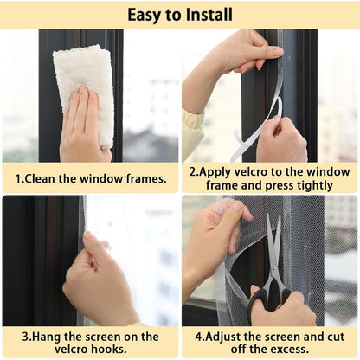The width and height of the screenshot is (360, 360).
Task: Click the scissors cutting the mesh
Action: click(x=276, y=260)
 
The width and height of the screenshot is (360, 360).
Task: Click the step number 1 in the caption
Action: click(x=20, y=179)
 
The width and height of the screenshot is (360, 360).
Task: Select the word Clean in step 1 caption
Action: click(x=45, y=179)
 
